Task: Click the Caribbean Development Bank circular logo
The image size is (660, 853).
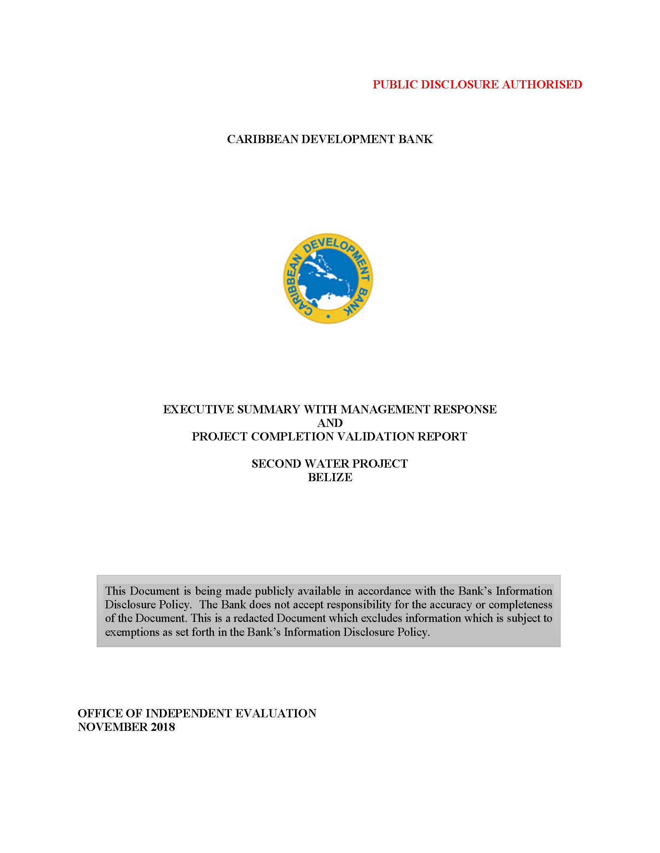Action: pyautogui.click(x=328, y=278)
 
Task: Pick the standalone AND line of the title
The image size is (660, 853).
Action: pyautogui.click(x=330, y=423)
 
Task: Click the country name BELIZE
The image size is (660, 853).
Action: pyautogui.click(x=330, y=477)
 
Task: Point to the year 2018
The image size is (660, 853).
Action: pyautogui.click(x=163, y=727)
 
